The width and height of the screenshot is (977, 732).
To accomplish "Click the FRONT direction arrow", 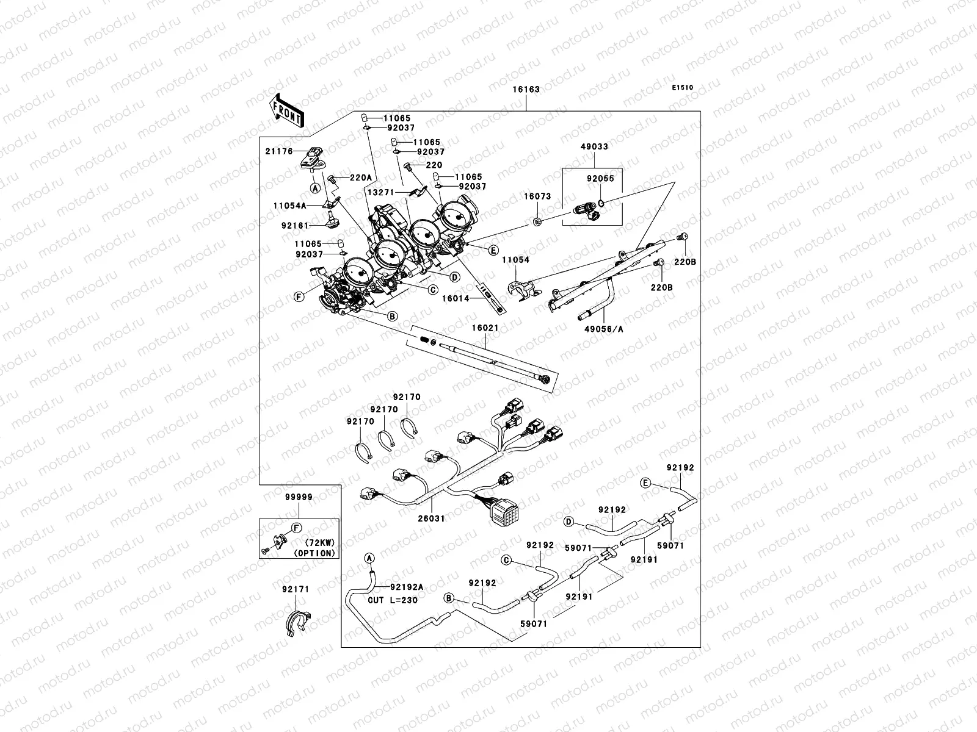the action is [x=286, y=110].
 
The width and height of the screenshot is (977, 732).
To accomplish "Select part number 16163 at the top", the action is [x=526, y=89].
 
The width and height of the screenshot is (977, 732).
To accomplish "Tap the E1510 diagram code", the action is [x=682, y=88].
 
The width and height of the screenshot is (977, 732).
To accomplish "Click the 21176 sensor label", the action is [x=279, y=151].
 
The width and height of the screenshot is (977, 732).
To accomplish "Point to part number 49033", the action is [x=594, y=146].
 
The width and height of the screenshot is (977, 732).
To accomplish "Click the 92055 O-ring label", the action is [x=600, y=178].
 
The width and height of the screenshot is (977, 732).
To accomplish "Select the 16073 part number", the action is [x=537, y=196].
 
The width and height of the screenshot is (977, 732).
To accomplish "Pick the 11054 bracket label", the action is [x=516, y=260].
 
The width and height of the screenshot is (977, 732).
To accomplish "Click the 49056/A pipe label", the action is [x=603, y=329].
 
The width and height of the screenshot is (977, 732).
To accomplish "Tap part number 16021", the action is [x=485, y=328].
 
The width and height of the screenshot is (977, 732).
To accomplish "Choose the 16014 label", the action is [x=456, y=298].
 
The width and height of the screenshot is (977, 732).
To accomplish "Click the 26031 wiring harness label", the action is [x=431, y=518].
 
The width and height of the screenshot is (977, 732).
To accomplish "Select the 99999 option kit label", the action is [x=299, y=497].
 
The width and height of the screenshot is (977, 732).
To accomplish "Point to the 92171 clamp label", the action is [x=296, y=589].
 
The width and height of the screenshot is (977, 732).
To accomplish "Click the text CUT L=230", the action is [x=393, y=600].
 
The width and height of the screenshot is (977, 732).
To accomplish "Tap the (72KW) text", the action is [x=320, y=542].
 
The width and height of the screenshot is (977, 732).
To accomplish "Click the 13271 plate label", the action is [x=381, y=192].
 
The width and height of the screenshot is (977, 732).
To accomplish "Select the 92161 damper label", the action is [x=295, y=225].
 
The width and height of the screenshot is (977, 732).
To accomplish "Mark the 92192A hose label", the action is [x=407, y=587].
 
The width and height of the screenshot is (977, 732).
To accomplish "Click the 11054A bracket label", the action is [x=290, y=206].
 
